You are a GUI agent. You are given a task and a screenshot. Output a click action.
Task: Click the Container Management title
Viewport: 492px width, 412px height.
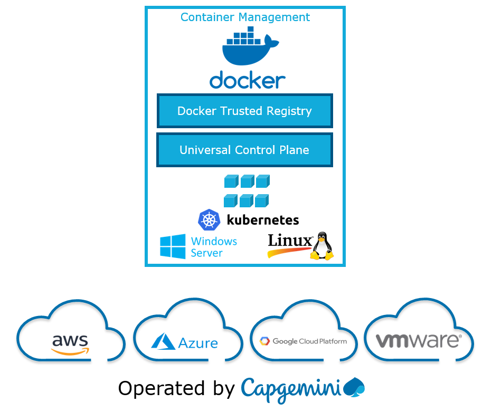(x=245, y=17)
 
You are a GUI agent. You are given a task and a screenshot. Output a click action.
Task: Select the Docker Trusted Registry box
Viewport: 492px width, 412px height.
(x=244, y=111)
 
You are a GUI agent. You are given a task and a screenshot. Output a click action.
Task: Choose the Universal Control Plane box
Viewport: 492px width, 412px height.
(x=244, y=150)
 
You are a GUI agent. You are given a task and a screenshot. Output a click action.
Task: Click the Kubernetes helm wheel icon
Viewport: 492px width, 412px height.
(x=209, y=220)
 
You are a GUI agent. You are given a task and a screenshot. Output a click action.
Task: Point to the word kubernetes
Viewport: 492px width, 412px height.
(x=263, y=220)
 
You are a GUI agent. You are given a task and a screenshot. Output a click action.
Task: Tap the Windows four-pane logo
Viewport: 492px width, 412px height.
(x=173, y=247)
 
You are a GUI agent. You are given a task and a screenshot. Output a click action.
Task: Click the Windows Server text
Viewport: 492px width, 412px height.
(x=214, y=247)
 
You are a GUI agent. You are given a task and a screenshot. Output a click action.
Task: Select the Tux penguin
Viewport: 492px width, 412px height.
(x=321, y=246)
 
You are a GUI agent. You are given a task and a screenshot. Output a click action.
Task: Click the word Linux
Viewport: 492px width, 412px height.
(x=290, y=241)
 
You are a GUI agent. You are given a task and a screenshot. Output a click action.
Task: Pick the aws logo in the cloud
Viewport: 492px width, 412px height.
(x=70, y=343)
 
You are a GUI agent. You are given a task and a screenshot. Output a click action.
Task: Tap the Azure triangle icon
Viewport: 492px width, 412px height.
(x=163, y=341)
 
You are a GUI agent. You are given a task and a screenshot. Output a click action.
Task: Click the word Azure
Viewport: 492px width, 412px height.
(x=198, y=343)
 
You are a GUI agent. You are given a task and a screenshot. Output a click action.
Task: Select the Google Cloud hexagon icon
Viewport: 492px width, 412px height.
(x=264, y=341)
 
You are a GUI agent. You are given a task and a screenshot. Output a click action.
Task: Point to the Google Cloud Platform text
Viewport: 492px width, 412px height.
(x=310, y=341)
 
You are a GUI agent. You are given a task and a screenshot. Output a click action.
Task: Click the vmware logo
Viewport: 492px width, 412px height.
(x=419, y=340)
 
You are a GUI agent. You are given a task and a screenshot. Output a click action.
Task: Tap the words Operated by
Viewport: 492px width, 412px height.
(x=176, y=389)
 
